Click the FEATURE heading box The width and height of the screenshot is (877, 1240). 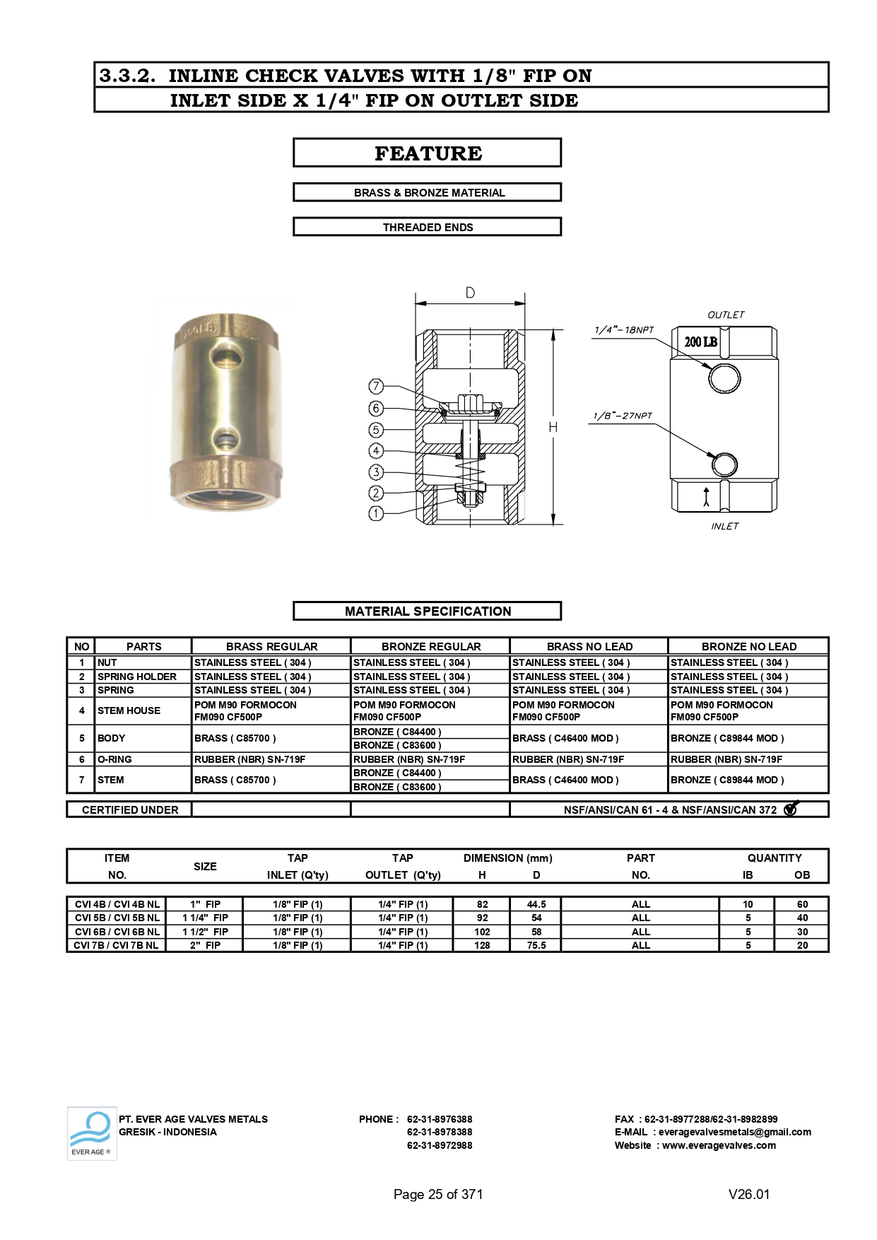pyautogui.click(x=427, y=153)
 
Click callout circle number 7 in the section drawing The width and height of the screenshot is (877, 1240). pyautogui.click(x=376, y=387)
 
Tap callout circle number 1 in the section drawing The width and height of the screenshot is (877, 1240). pyautogui.click(x=376, y=514)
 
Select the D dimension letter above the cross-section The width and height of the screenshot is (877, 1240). pyautogui.click(x=470, y=293)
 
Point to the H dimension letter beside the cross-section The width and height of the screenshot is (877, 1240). pyautogui.click(x=553, y=427)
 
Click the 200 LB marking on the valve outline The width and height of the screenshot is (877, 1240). pyautogui.click(x=700, y=342)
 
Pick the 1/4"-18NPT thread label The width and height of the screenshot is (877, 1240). pyautogui.click(x=624, y=330)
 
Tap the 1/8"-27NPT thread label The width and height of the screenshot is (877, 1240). pyautogui.click(x=623, y=416)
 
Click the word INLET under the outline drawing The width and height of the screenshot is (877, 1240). pyautogui.click(x=724, y=526)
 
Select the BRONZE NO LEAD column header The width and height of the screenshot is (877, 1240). pyautogui.click(x=748, y=646)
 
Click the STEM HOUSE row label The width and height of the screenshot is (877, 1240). pyautogui.click(x=129, y=710)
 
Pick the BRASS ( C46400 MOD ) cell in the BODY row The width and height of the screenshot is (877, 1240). pyautogui.click(x=565, y=738)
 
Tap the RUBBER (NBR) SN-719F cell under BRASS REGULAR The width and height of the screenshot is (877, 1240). pyautogui.click(x=250, y=759)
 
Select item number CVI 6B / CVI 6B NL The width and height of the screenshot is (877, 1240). pyautogui.click(x=117, y=932)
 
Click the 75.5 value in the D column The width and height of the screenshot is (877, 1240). pyautogui.click(x=536, y=945)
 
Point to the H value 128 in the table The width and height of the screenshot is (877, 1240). pyautogui.click(x=482, y=945)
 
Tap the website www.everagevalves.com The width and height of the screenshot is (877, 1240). pyautogui.click(x=719, y=1145)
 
